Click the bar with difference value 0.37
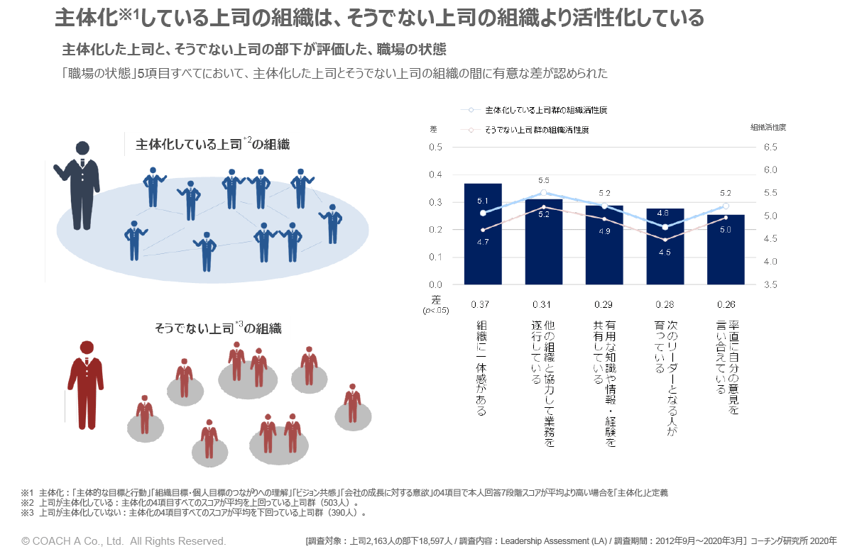483,234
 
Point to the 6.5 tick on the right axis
770,148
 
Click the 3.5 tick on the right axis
770,284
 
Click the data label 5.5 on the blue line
544,180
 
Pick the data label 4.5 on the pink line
665,252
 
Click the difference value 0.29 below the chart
603,305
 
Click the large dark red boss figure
86,383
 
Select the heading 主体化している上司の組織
213,145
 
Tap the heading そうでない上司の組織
218,328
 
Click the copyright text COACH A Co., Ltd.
124,540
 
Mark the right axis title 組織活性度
768,128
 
